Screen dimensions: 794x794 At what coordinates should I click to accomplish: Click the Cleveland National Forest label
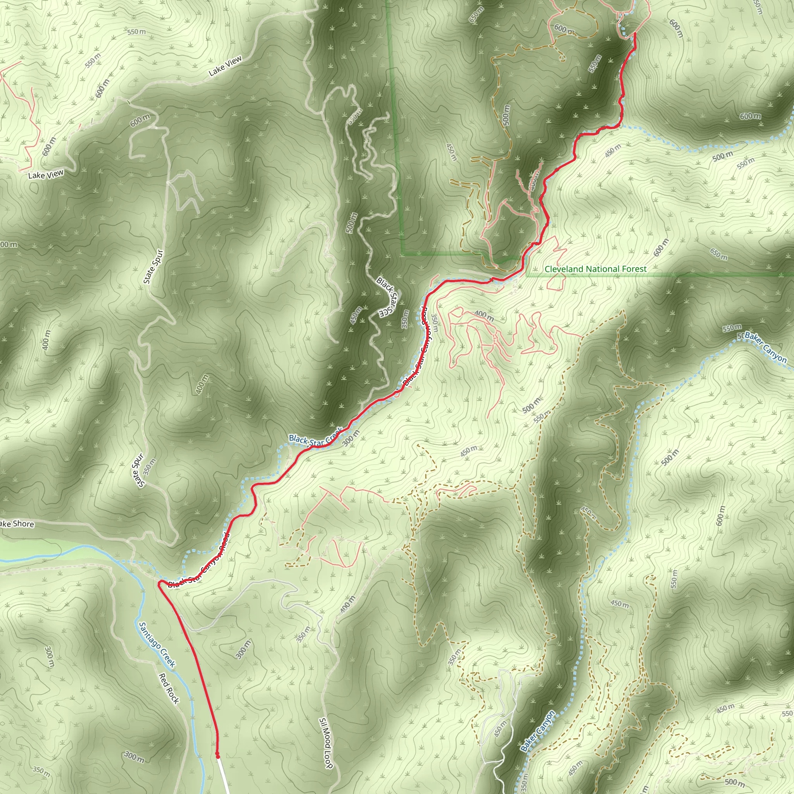click(595, 269)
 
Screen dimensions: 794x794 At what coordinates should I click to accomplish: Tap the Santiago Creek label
click(157, 645)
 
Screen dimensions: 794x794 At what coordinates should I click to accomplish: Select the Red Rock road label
click(169, 689)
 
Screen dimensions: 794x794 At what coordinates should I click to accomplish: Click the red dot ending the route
click(217, 755)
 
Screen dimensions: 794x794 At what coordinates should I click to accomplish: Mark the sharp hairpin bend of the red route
click(159, 582)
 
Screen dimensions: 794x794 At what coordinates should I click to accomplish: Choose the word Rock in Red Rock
click(173, 696)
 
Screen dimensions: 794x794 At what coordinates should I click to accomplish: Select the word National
click(601, 269)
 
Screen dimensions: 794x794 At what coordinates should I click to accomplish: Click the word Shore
click(23, 524)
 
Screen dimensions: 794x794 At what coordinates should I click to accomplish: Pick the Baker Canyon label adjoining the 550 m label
click(765, 348)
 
